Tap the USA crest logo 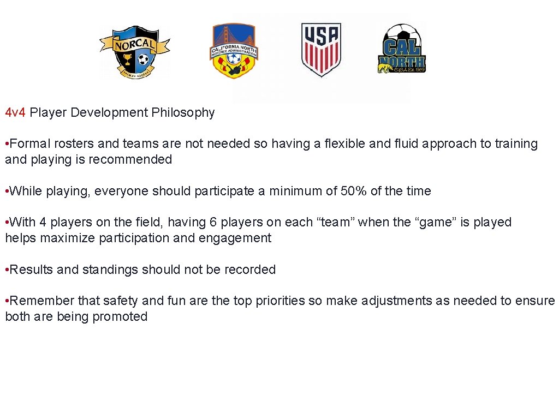pos(321,49)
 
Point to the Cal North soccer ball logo pos(402,49)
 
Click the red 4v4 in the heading pos(15,113)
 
